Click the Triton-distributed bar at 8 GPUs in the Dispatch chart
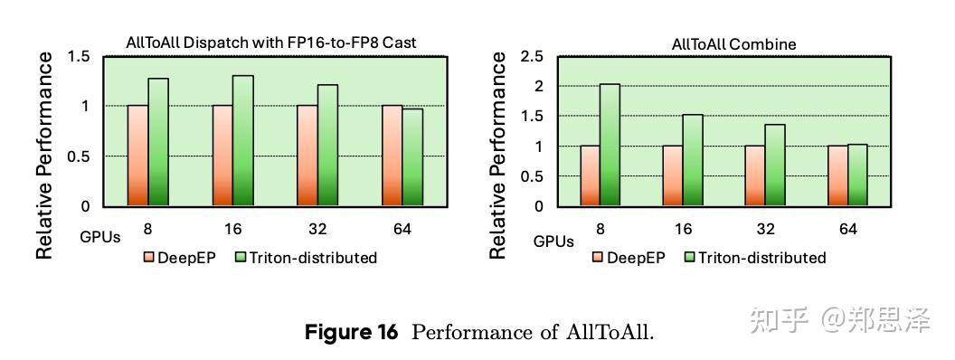158,142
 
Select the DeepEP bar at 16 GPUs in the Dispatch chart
222,156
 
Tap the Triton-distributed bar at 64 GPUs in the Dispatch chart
411,157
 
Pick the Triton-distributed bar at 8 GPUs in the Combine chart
610,145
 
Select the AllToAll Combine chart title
733,43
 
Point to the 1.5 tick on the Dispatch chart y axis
79,57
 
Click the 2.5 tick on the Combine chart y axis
532,57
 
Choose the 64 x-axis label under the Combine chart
847,230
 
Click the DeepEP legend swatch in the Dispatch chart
148,258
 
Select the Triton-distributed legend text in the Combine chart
763,258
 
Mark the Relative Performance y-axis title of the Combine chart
498,156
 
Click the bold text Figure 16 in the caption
351,332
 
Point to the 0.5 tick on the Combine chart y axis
532,176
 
